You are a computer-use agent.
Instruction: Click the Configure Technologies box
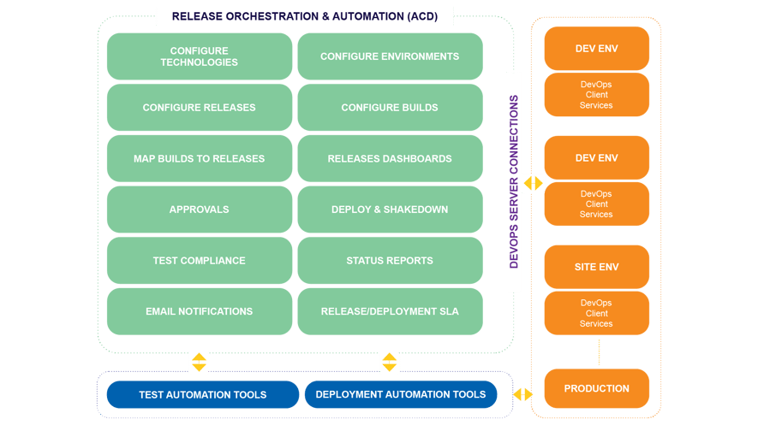pos(199,56)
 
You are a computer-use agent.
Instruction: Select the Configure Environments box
pos(390,56)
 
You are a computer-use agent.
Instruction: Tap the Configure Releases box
pos(199,108)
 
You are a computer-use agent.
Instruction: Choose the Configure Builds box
pos(390,108)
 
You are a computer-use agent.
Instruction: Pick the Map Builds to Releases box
pos(199,158)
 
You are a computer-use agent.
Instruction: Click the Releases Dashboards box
pos(390,158)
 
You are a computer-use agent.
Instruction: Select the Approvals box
pos(199,210)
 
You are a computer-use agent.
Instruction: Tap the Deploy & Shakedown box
pos(390,210)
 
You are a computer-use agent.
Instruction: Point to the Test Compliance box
pos(199,261)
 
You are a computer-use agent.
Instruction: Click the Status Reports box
pos(390,261)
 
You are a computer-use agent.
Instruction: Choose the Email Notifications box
pos(199,311)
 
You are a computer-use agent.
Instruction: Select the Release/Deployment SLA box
pos(390,311)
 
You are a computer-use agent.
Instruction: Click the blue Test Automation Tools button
pos(202,395)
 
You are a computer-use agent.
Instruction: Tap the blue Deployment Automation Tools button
pos(400,395)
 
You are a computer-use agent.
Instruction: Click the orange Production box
pos(596,389)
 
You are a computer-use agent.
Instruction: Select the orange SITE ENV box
pos(596,267)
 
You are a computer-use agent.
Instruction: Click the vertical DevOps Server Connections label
pos(514,182)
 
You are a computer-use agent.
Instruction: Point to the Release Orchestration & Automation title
pos(304,16)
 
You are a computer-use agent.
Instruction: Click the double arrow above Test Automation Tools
pos(199,362)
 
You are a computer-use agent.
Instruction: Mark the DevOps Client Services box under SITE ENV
pos(596,313)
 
